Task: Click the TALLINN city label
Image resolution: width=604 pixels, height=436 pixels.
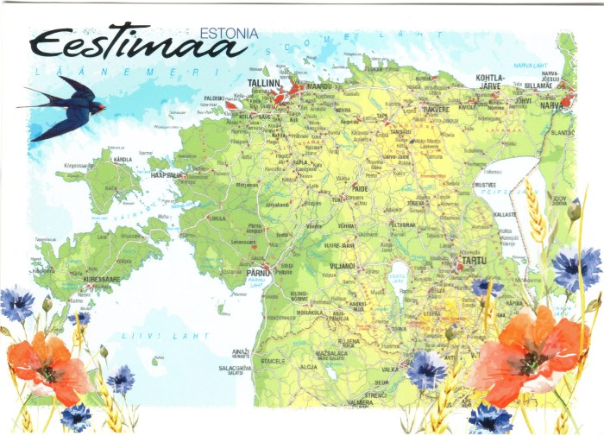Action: pyautogui.click(x=264, y=83)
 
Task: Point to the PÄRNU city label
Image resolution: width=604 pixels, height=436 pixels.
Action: pyautogui.click(x=259, y=273)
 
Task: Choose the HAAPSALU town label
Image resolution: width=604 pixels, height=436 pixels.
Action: pyautogui.click(x=167, y=174)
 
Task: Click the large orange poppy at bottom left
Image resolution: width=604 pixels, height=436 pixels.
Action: pyautogui.click(x=47, y=365)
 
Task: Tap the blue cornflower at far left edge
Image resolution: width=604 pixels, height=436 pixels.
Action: pyautogui.click(x=16, y=305)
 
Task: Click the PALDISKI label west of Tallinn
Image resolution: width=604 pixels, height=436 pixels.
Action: pyautogui.click(x=214, y=98)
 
